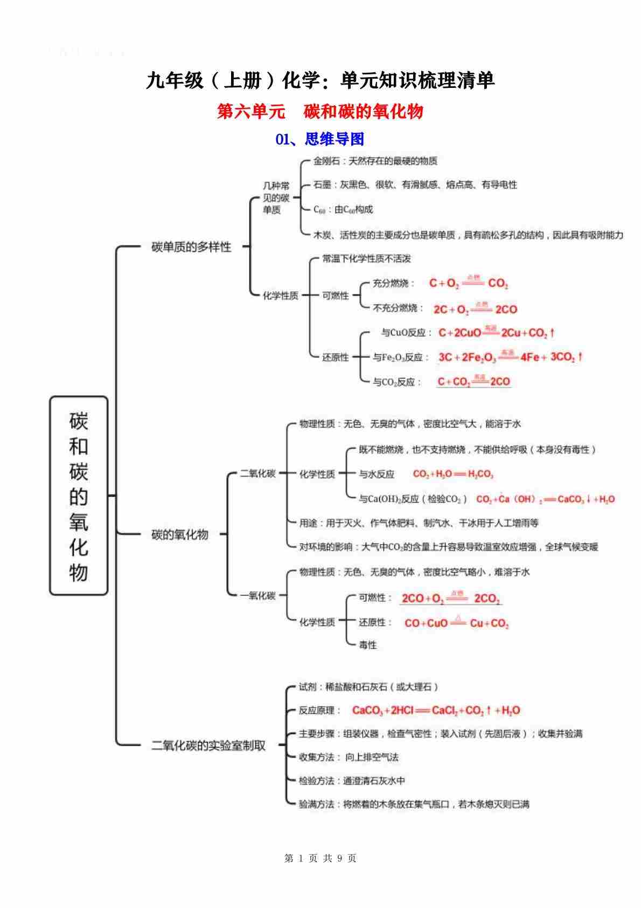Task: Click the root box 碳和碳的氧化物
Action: pyautogui.click(x=79, y=496)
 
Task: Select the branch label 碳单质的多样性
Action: pyautogui.click(x=191, y=247)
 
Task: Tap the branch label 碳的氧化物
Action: pyautogui.click(x=180, y=534)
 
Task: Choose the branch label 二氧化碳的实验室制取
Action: pyautogui.click(x=208, y=746)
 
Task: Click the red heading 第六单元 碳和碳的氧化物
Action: pyautogui.click(x=320, y=112)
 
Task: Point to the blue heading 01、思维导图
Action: pyautogui.click(x=320, y=139)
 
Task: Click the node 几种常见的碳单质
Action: pyautogui.click(x=276, y=197)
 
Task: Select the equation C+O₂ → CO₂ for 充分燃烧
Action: pyautogui.click(x=468, y=283)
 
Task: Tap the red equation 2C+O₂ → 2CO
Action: pyautogui.click(x=475, y=309)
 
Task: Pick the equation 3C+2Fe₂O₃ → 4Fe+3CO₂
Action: pyautogui.click(x=510, y=356)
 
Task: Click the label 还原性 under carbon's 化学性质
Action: pyautogui.click(x=336, y=357)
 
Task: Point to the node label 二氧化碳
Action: pyautogui.click(x=257, y=474)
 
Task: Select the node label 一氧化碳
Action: pyautogui.click(x=257, y=596)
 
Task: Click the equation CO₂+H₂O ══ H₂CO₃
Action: pyautogui.click(x=453, y=474)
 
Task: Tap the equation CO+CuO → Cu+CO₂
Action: pyautogui.click(x=456, y=623)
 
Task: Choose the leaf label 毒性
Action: pyautogui.click(x=368, y=645)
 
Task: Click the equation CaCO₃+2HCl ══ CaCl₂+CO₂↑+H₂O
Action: pyautogui.click(x=436, y=711)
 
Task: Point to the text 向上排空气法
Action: pyautogui.click(x=372, y=757)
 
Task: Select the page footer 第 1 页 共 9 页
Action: pyautogui.click(x=320, y=858)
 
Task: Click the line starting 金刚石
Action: pyautogui.click(x=375, y=161)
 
